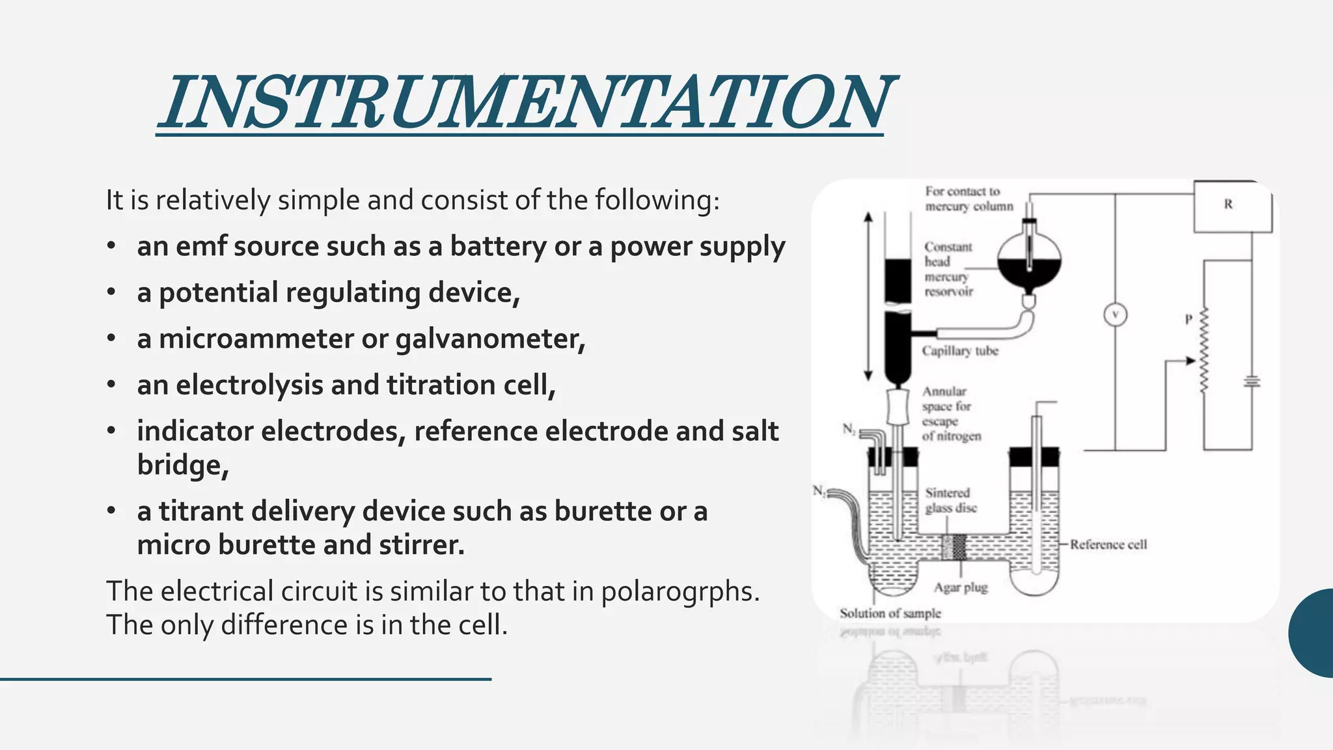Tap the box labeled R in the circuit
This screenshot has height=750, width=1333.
point(1231,206)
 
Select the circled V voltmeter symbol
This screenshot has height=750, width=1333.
point(1115,315)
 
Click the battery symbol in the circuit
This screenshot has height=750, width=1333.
point(1251,382)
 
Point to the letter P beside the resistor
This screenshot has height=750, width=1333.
point(1189,320)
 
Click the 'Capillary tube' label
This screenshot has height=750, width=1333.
point(959,351)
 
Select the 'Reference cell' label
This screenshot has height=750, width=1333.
point(1108,544)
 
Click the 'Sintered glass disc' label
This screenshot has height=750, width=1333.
point(950,500)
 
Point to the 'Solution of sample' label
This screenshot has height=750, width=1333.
point(890,613)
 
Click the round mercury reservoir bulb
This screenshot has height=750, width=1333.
point(1029,260)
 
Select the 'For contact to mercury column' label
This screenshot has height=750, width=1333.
point(969,199)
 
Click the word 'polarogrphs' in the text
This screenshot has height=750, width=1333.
point(680,591)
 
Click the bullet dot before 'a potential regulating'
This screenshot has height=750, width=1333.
point(112,293)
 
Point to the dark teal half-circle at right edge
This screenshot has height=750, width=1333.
point(1313,633)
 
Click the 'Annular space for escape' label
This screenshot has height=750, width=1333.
point(950,413)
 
